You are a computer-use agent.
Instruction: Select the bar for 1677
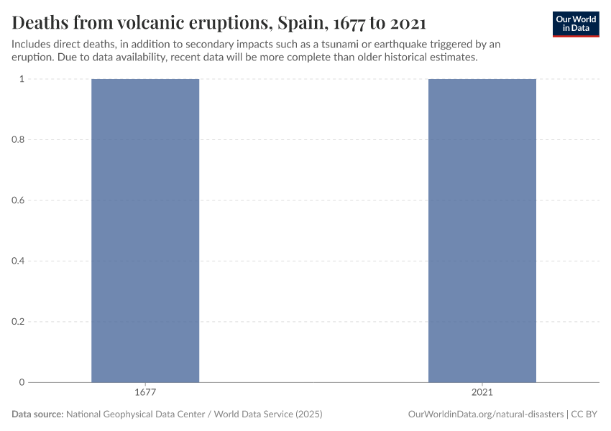pyautogui.click(x=145, y=230)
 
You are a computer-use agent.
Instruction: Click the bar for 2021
pyautogui.click(x=482, y=230)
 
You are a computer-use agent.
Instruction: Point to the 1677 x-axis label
pyautogui.click(x=145, y=393)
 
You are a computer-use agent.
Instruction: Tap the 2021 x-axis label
pyautogui.click(x=482, y=393)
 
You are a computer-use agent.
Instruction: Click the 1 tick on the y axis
pyautogui.click(x=22, y=79)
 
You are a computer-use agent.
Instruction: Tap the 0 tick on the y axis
pyautogui.click(x=22, y=382)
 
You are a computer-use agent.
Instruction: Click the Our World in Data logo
pyautogui.click(x=576, y=24)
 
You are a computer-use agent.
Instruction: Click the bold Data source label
pyautogui.click(x=37, y=414)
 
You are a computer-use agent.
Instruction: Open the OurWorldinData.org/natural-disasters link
pyautogui.click(x=485, y=414)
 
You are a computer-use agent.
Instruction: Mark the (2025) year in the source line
pyautogui.click(x=306, y=414)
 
